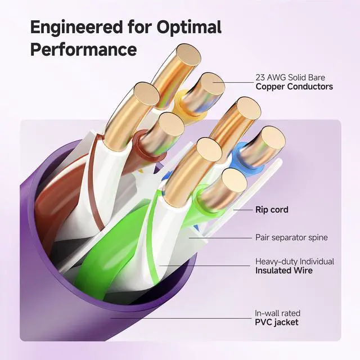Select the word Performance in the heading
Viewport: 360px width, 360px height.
[x=84, y=49]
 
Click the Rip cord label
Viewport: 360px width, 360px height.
[x=272, y=210]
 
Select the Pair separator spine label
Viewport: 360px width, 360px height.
[x=291, y=237]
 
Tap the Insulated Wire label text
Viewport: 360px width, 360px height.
[x=284, y=271]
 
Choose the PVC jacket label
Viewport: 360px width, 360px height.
[x=277, y=322]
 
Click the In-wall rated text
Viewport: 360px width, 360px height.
[x=278, y=313]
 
